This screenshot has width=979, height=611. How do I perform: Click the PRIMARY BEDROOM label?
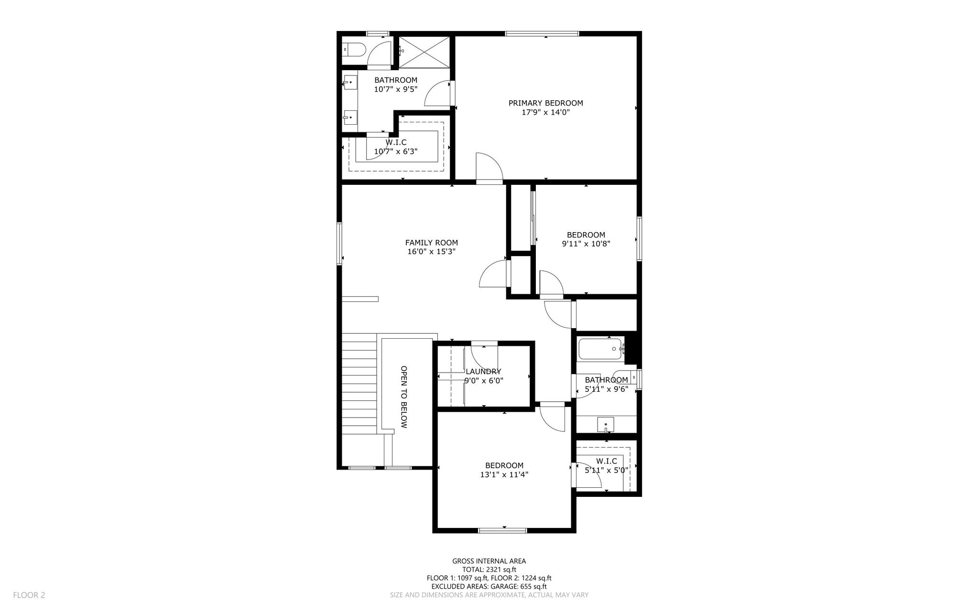pyautogui.click(x=545, y=103)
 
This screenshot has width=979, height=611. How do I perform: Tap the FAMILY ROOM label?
pyautogui.click(x=432, y=243)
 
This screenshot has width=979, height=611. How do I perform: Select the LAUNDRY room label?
pyautogui.click(x=483, y=372)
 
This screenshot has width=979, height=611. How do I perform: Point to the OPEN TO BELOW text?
pyautogui.click(x=403, y=397)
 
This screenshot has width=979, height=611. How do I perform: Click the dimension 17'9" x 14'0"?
pyautogui.click(x=545, y=113)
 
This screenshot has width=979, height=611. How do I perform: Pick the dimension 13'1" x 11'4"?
pyautogui.click(x=504, y=475)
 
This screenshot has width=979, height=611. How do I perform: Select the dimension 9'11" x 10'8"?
pyautogui.click(x=586, y=244)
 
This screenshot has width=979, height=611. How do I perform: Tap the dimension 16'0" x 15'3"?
pyautogui.click(x=432, y=252)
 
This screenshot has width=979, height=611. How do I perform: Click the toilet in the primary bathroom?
pyautogui.click(x=354, y=50)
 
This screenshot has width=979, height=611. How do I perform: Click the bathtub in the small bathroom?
pyautogui.click(x=600, y=349)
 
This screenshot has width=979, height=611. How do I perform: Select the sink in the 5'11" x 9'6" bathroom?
pyautogui.click(x=606, y=424)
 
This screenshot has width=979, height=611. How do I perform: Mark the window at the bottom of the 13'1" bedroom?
pyautogui.click(x=502, y=530)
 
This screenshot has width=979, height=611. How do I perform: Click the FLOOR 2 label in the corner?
pyautogui.click(x=29, y=595)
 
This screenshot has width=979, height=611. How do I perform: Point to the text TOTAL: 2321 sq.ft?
pyautogui.click(x=489, y=569)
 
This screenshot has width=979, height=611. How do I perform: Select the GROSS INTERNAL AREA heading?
pyautogui.click(x=489, y=561)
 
